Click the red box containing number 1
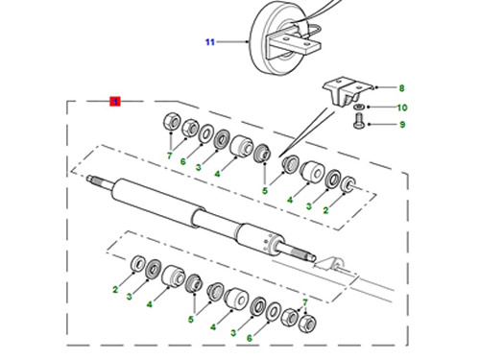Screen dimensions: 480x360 [x=115, y=102]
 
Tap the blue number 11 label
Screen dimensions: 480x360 [x=210, y=42]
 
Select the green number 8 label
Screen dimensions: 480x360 [x=401, y=88]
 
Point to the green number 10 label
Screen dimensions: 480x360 [x=402, y=108]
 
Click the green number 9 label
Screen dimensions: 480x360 [x=402, y=125]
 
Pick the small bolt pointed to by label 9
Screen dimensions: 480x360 [x=358, y=121]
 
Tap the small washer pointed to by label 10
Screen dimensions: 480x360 [x=359, y=107]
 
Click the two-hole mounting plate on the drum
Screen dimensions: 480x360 [x=293, y=44]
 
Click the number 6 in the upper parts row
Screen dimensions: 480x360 [x=182, y=161]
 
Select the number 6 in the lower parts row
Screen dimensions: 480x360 [x=250, y=338]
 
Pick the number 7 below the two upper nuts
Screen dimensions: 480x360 [x=170, y=156]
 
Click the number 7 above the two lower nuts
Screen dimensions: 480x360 [x=305, y=302]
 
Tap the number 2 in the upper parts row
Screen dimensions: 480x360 [x=325, y=210]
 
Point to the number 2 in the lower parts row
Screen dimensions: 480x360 [x=115, y=290]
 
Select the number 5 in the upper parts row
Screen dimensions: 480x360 [x=265, y=191]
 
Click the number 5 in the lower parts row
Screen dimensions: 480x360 [x=191, y=319]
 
